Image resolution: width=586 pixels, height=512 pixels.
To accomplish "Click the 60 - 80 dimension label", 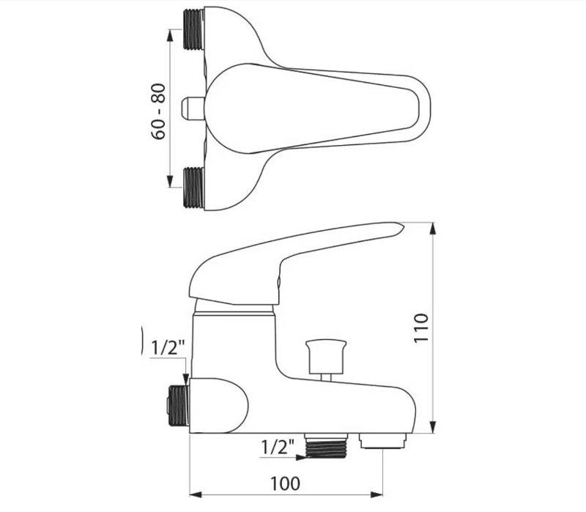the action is (x=158, y=111).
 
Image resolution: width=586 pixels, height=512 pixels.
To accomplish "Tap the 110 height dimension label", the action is (x=421, y=327).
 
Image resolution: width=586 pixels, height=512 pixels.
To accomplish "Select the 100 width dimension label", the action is (x=285, y=483).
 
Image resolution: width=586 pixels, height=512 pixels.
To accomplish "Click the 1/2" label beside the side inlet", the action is (x=168, y=349).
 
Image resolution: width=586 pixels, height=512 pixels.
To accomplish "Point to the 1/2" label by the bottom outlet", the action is (x=278, y=447).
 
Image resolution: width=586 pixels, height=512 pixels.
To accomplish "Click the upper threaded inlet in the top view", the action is (x=194, y=30).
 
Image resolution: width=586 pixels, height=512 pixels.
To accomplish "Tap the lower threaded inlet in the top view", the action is (x=194, y=188).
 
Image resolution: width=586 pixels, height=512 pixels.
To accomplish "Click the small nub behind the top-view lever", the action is (x=193, y=108).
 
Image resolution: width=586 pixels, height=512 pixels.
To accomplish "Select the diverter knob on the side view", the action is (x=326, y=360).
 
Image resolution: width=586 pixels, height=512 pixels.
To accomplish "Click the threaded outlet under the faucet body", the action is (x=327, y=445).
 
